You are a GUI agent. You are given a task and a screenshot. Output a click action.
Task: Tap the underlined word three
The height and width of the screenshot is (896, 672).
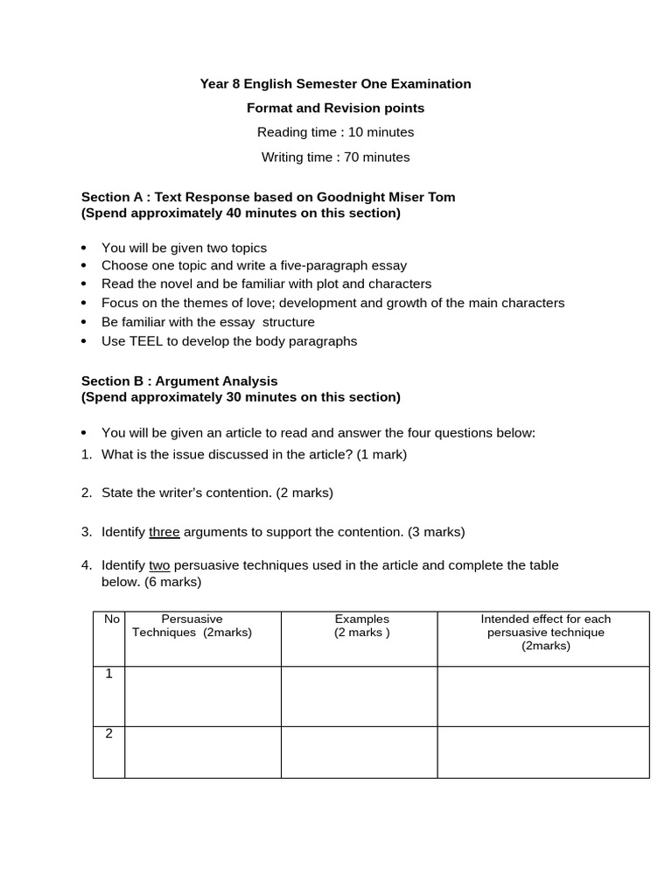[164, 532]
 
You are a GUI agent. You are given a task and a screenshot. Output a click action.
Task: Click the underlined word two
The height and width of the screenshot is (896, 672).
[159, 565]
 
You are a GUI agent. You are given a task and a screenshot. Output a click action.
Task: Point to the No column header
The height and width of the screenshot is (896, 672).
[112, 619]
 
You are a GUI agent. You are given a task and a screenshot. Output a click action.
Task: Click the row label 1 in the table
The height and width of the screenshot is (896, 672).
[109, 675]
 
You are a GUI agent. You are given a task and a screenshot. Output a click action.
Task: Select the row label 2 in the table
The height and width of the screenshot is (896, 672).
[109, 734]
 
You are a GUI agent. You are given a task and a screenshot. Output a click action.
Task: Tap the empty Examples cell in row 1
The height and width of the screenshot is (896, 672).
[359, 696]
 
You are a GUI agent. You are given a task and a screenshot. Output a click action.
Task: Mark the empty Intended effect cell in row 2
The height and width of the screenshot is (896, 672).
[543, 752]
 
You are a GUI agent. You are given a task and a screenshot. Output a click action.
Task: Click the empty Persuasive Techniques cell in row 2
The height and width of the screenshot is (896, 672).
[202, 752]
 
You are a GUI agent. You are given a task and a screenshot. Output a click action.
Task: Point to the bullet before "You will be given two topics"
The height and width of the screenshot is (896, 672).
[84, 248]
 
